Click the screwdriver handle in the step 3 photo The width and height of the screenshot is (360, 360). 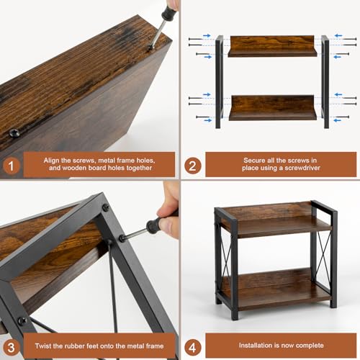tap(153, 227)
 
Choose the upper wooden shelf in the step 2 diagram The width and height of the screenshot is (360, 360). tap(273, 47)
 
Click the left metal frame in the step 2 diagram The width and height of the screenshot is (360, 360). tap(219, 81)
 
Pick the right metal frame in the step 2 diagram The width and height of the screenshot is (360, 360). tap(325, 81)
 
